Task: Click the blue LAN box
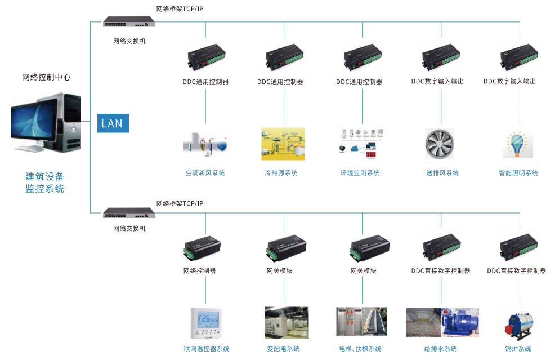click(113, 123)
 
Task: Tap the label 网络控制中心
click(46, 77)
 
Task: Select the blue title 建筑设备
click(45, 176)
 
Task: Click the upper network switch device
click(128, 22)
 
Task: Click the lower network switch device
click(128, 213)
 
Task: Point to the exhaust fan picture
click(440, 144)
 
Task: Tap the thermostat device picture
click(206, 322)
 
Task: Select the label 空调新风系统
click(205, 173)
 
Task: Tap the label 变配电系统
click(283, 349)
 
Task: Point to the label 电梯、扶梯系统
click(360, 349)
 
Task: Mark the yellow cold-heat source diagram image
click(283, 144)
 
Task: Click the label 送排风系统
click(442, 173)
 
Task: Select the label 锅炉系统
click(518, 349)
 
